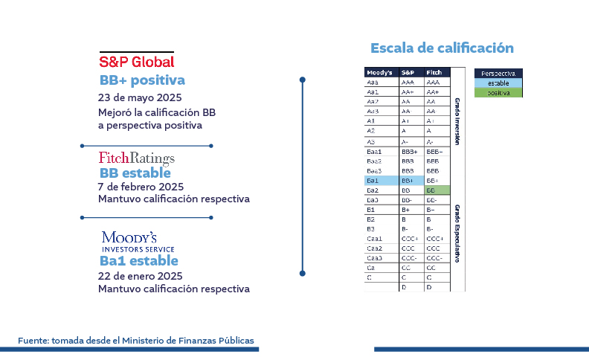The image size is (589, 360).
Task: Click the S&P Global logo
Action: click(x=136, y=61)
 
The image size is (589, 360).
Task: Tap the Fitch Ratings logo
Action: click(x=136, y=158)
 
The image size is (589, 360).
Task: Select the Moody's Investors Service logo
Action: click(x=129, y=241)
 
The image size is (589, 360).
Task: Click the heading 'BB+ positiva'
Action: click(x=142, y=80)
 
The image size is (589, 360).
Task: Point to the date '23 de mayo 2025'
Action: click(x=140, y=97)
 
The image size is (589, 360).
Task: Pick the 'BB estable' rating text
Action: click(x=135, y=173)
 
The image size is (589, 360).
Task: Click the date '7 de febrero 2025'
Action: click(x=141, y=187)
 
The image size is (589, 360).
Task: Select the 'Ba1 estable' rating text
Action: click(x=138, y=260)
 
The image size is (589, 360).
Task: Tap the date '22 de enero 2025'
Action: click(x=140, y=275)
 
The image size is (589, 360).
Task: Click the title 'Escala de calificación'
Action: click(x=442, y=48)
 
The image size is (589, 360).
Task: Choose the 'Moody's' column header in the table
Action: click(x=380, y=73)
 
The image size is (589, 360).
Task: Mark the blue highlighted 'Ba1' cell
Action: click(x=382, y=181)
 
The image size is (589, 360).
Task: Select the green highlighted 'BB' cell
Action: click(x=437, y=190)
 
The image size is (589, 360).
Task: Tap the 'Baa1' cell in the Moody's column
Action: click(x=382, y=152)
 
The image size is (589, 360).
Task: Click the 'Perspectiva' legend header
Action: click(x=498, y=74)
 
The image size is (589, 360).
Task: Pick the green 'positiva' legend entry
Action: click(x=498, y=93)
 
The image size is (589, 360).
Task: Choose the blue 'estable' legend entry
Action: click(x=498, y=83)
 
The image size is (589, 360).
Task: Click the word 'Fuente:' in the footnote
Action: click(x=33, y=341)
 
